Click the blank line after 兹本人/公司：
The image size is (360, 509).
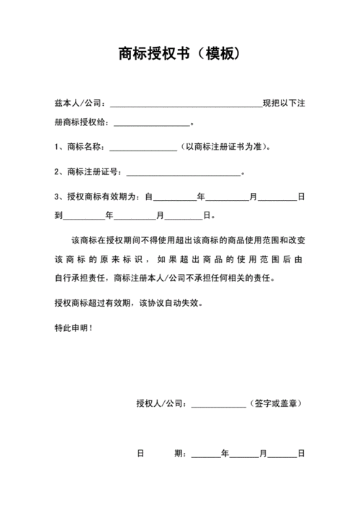pos(186,106)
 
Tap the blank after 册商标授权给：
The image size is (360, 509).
pos(151,123)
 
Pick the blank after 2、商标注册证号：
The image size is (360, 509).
pos(183,173)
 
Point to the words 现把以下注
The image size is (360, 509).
pos(284,105)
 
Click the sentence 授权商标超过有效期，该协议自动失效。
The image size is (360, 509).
pos(129,303)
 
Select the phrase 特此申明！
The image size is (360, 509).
pos(73,328)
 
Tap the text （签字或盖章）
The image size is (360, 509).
pos(274,403)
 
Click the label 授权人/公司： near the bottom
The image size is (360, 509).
pos(163,403)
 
